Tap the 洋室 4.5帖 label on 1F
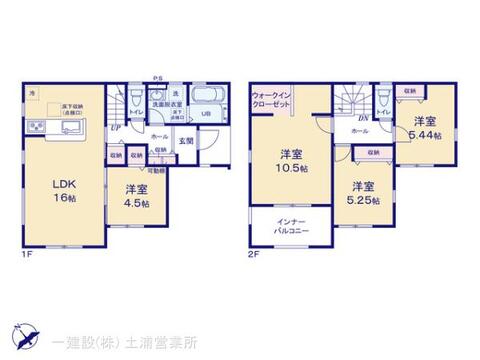(x=136, y=196)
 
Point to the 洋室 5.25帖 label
(x=363, y=192)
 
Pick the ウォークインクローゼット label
(x=272, y=100)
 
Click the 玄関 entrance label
(x=186, y=140)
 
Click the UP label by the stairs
(x=117, y=128)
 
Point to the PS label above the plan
(x=157, y=77)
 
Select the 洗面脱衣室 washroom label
(x=165, y=103)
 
